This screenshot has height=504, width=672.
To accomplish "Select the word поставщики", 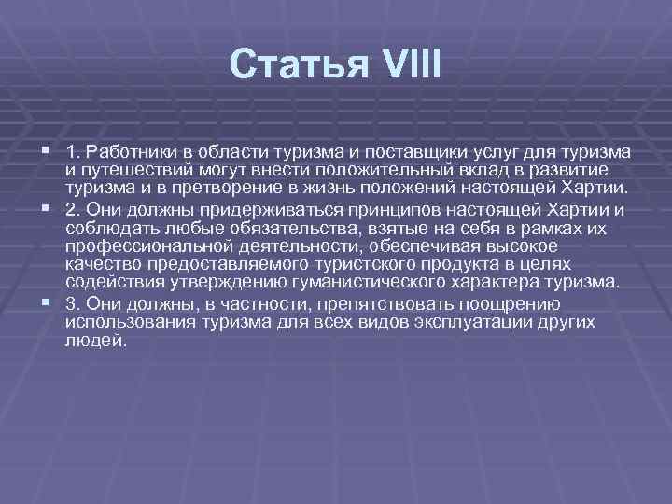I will (366, 151).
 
